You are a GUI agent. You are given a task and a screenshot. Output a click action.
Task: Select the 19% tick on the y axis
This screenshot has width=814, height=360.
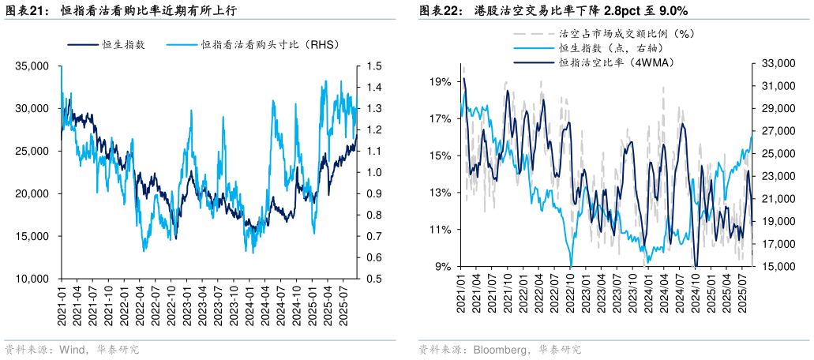coord(440,81)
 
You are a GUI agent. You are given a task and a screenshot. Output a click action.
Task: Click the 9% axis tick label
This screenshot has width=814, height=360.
coord(442,266)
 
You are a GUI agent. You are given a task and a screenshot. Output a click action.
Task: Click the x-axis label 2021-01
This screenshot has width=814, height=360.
coord(62,302)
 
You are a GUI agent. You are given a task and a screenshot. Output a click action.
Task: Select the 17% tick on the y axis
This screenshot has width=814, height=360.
coord(440,118)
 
